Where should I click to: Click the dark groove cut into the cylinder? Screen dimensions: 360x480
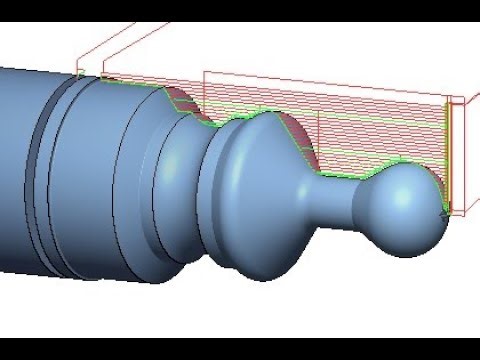(40, 170)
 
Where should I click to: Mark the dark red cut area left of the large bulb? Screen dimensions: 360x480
(181, 100)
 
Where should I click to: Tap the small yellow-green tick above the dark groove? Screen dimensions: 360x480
(80, 72)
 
